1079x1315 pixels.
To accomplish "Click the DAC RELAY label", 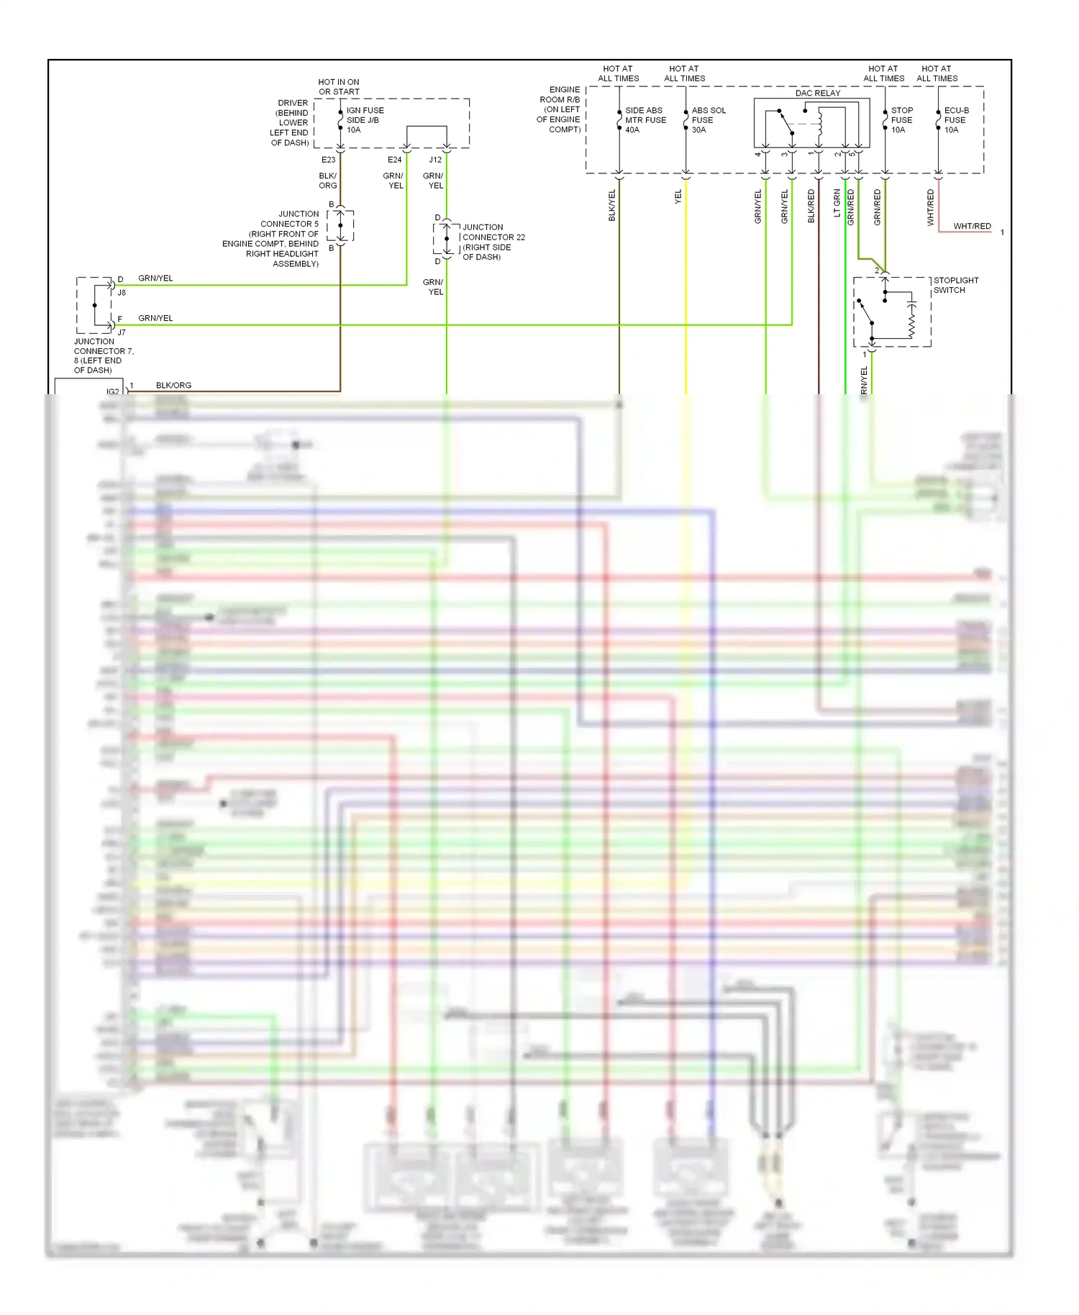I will point(817,93).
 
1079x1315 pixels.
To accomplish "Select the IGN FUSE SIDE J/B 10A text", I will point(365,120).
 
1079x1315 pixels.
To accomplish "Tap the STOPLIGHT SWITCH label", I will point(955,285).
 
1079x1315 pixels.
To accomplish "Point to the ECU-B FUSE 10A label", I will point(956,120).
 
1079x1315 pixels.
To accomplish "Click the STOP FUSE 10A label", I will point(901,120).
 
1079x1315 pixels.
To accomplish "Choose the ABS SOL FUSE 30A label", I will point(708,120).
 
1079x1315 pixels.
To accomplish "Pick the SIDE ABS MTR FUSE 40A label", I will point(645,120).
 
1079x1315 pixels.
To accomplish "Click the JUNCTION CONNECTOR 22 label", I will point(493,242).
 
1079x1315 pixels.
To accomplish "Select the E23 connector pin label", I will point(328,160).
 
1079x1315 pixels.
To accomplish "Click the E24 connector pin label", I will point(394,160).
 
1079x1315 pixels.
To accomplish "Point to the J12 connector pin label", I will point(435,160).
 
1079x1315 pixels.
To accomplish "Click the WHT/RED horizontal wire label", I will point(972,226).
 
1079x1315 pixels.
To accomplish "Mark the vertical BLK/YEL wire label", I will point(612,206).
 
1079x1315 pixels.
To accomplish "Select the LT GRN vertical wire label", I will point(837,203).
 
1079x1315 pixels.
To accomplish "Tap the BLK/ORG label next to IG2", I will point(173,385).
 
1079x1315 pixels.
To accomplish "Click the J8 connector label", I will point(122,293).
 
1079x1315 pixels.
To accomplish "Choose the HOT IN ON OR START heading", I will point(338,87).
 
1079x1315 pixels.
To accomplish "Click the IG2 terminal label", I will point(112,391).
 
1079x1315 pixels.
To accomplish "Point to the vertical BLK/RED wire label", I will point(811,206).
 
